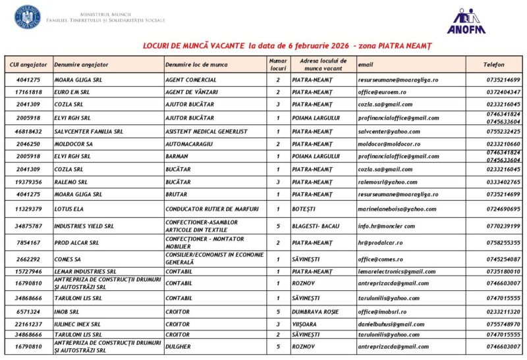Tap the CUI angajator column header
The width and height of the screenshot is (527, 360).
pyautogui.click(x=29, y=64)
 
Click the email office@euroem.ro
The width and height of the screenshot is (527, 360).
pyautogui.click(x=382, y=92)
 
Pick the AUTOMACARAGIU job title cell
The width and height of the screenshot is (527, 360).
pyautogui.click(x=187, y=143)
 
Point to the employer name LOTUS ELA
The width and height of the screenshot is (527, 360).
pyautogui.click(x=70, y=209)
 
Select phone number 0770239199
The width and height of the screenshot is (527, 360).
pyautogui.click(x=503, y=226)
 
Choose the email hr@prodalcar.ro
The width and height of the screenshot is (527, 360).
pyautogui.click(x=380, y=243)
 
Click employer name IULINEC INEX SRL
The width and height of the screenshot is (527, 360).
pyautogui.click(x=78, y=324)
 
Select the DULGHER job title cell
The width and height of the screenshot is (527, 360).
pyautogui.click(x=178, y=346)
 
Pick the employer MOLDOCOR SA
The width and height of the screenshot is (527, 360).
pyautogui.click(x=74, y=143)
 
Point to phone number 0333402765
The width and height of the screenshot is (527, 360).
pyautogui.click(x=503, y=182)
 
